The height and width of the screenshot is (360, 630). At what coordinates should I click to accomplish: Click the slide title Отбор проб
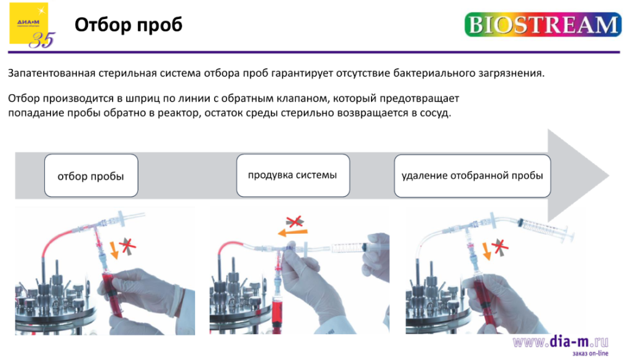(128, 25)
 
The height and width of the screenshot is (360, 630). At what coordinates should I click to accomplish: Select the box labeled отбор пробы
(90, 176)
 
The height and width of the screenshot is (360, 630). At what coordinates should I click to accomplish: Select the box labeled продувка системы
(292, 175)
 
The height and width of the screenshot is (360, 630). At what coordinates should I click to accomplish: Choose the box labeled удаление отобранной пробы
(472, 175)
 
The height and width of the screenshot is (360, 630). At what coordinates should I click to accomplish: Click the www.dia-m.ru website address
(560, 341)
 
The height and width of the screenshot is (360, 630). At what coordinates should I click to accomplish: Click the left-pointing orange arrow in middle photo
(291, 233)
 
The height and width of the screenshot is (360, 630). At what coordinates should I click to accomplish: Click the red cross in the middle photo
(295, 221)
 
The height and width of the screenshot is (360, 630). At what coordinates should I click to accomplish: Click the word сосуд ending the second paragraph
(436, 113)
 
